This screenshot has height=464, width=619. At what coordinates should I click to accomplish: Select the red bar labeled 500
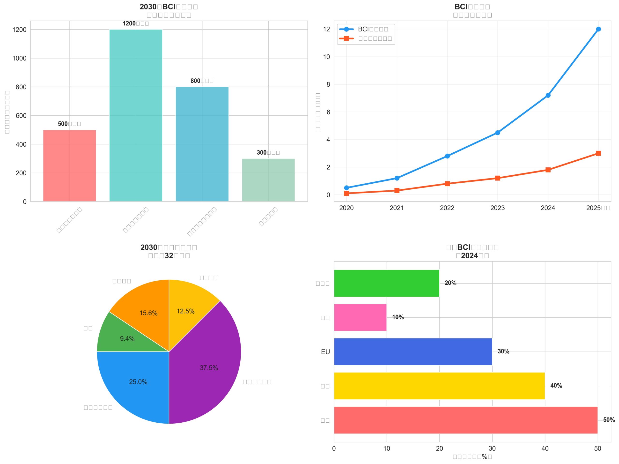(x=69, y=165)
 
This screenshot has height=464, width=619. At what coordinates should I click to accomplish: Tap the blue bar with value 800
(x=202, y=144)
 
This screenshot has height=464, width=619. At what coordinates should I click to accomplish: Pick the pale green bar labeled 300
(x=268, y=180)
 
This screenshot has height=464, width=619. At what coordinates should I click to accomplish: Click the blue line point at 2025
(x=598, y=29)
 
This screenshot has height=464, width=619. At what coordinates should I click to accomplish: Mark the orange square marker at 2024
(x=548, y=170)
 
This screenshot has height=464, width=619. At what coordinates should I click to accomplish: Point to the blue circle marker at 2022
(x=447, y=156)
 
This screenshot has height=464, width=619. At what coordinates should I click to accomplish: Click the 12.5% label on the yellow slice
(x=185, y=311)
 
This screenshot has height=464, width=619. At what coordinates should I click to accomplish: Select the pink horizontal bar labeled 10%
(x=360, y=317)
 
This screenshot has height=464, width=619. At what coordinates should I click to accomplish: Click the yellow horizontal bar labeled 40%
(x=439, y=386)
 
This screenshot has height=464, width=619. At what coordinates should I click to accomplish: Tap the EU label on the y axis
(x=325, y=352)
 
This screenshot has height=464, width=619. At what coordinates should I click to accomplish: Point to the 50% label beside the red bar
(x=609, y=420)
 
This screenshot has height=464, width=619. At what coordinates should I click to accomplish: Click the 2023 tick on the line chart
(x=497, y=208)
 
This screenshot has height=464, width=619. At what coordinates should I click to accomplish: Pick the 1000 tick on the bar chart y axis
(x=19, y=58)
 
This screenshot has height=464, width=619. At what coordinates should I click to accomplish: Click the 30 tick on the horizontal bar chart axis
(x=492, y=448)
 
